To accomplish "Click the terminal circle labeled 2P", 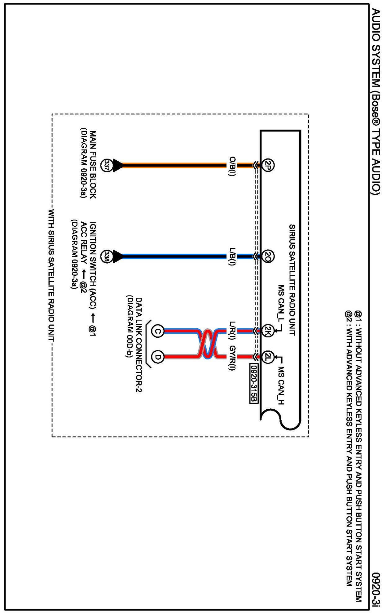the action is (x=268, y=165).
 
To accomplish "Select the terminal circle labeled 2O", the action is (x=268, y=256).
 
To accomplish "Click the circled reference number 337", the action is (x=107, y=165).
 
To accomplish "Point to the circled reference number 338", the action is (x=107, y=256).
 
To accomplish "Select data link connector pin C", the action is (x=158, y=331).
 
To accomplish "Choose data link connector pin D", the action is (x=158, y=357).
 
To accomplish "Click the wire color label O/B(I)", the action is (x=232, y=167).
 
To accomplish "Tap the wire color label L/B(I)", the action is (x=232, y=256).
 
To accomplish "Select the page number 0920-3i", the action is (x=376, y=589).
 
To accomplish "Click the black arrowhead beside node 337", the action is (x=118, y=165).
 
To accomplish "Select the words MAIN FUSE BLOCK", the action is (x=93, y=164).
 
